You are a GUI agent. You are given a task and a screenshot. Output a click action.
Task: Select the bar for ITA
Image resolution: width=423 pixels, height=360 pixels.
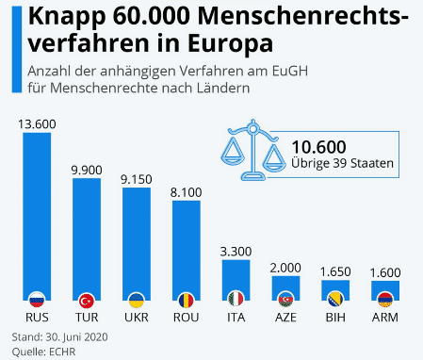236,278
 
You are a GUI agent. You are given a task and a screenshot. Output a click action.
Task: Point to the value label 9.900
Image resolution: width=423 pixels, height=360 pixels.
87,169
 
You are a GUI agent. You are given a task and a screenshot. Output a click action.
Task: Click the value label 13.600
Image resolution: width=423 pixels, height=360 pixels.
37,123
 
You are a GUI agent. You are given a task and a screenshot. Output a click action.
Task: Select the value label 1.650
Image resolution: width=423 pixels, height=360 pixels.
334,271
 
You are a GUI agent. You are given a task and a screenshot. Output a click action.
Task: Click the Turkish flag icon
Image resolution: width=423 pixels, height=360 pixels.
87,300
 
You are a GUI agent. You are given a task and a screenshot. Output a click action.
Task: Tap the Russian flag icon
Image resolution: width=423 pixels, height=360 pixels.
37,300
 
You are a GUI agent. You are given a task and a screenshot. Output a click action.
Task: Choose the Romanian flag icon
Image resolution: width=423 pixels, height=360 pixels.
186,300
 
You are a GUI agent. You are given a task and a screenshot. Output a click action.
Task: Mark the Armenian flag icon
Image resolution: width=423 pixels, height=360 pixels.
384,300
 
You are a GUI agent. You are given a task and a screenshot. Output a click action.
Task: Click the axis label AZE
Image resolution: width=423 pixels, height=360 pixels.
285,317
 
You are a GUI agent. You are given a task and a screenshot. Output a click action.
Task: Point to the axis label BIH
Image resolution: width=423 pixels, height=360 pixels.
334,317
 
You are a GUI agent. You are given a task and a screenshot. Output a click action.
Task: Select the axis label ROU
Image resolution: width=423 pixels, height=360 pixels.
186,317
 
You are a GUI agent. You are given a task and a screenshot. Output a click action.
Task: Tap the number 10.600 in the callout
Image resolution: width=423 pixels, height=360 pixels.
318,146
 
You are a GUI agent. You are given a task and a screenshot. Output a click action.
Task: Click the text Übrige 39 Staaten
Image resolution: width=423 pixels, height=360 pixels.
341,164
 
